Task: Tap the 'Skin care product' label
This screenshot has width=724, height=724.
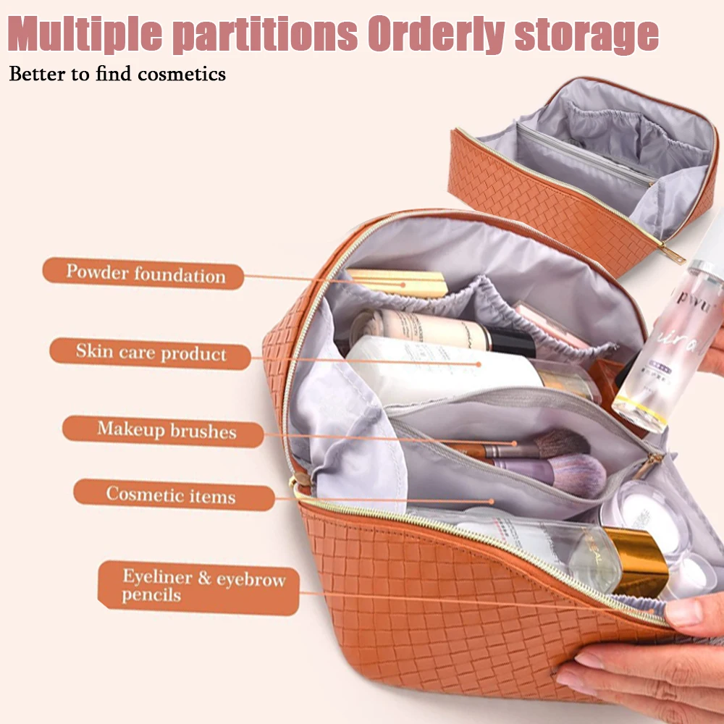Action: click(151, 353)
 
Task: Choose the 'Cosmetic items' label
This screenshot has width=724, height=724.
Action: click(172, 495)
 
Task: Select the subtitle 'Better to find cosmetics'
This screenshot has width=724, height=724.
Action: click(117, 74)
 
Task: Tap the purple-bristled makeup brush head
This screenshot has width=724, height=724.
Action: click(579, 475)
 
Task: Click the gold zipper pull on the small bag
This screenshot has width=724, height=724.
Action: click(673, 253)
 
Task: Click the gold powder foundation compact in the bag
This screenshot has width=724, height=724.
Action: click(397, 282)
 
